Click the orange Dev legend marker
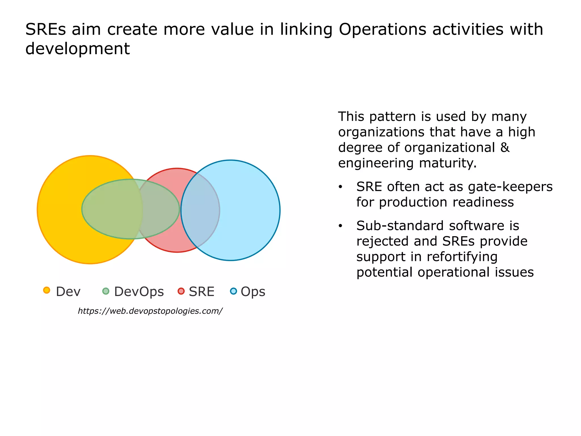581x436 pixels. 47,290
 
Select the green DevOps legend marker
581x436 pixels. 106,291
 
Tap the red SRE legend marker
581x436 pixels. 181,291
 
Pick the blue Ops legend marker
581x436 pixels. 233,291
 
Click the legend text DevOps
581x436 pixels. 139,292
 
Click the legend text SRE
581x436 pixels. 201,292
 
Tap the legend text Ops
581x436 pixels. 253,292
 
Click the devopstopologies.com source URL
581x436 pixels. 150,311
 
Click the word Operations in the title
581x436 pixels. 382,30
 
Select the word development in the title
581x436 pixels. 77,49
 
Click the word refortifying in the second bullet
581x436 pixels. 462,257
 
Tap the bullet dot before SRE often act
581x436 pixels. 340,187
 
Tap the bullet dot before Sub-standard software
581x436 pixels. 340,226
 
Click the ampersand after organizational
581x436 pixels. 505,148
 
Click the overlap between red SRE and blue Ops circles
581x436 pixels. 200,210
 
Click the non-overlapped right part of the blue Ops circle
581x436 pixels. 250,210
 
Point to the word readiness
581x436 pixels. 483,202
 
